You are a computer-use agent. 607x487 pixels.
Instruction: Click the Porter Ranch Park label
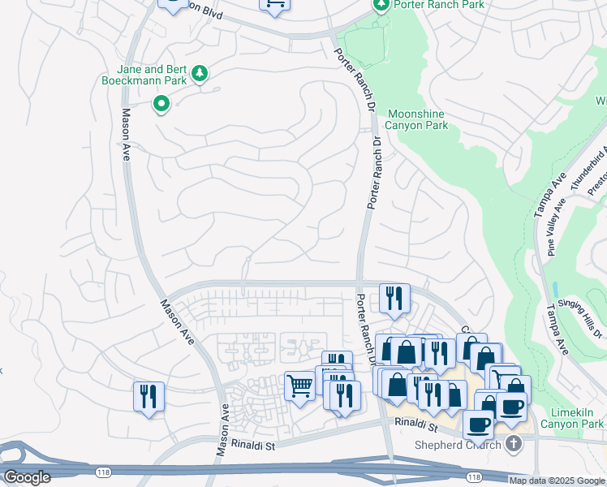click(439, 5)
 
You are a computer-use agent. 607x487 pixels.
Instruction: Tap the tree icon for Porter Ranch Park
click(381, 5)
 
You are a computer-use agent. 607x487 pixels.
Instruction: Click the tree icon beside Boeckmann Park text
click(200, 75)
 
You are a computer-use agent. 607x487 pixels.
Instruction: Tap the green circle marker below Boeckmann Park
click(161, 103)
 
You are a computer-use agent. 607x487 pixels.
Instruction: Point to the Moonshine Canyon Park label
click(417, 119)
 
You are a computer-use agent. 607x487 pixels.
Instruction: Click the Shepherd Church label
click(459, 445)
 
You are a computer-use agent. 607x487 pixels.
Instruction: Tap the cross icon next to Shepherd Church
click(512, 444)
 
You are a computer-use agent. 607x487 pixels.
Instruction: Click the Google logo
click(27, 477)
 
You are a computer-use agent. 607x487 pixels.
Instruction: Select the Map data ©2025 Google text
click(557, 481)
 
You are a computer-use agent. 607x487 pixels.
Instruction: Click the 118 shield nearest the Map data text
click(473, 477)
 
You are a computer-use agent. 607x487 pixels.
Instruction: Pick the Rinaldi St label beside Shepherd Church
click(416, 425)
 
